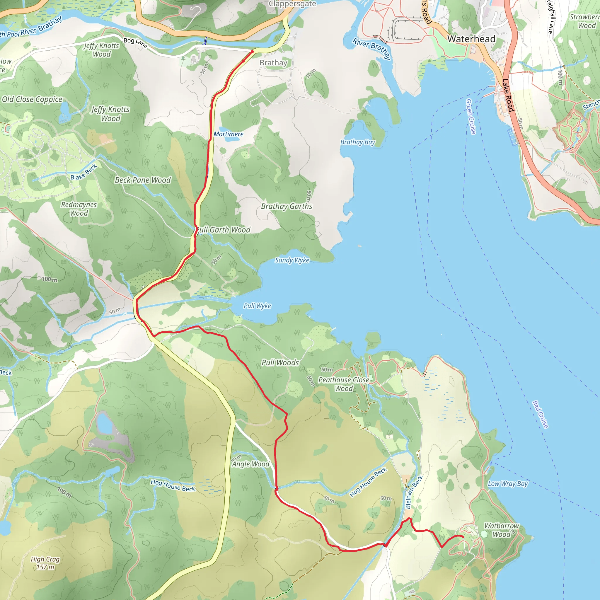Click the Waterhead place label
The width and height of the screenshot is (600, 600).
471,39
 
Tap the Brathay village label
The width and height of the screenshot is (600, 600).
273,63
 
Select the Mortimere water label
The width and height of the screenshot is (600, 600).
228,134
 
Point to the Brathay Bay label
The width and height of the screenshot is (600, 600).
358,142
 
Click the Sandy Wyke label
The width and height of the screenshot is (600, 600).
292,260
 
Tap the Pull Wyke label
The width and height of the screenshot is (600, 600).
257,306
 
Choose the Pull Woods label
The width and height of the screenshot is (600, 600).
280,363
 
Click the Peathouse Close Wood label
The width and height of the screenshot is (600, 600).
344,384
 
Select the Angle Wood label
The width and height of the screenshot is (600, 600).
250,464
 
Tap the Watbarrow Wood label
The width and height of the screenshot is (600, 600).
502,530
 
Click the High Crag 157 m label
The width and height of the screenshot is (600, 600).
45,563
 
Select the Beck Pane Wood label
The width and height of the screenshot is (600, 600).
143,180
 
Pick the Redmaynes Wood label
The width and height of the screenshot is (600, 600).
79,209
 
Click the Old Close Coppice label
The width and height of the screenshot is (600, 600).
32,99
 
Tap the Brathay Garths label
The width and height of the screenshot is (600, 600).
286,206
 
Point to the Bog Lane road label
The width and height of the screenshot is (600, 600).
135,42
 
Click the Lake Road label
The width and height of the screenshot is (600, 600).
508,95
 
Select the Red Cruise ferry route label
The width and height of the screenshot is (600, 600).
540,415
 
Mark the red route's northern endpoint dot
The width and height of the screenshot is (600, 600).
252,52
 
